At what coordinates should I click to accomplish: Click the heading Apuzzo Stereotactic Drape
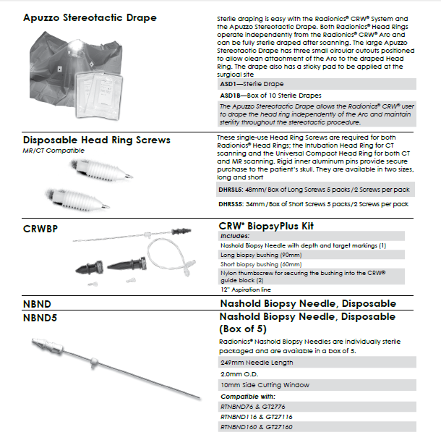pyautogui.click(x=89, y=17)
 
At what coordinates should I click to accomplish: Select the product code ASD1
pyautogui.click(x=228, y=84)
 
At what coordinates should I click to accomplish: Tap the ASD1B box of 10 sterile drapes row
pyautogui.click(x=271, y=96)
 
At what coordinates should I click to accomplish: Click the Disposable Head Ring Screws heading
pyautogui.click(x=96, y=140)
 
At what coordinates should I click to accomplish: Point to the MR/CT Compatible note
pyautogui.click(x=53, y=151)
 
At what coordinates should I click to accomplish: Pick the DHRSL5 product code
pyautogui.click(x=232, y=189)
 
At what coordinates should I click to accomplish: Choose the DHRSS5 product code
pyautogui.click(x=232, y=204)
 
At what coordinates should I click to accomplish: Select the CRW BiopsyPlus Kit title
pyautogui.click(x=266, y=226)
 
